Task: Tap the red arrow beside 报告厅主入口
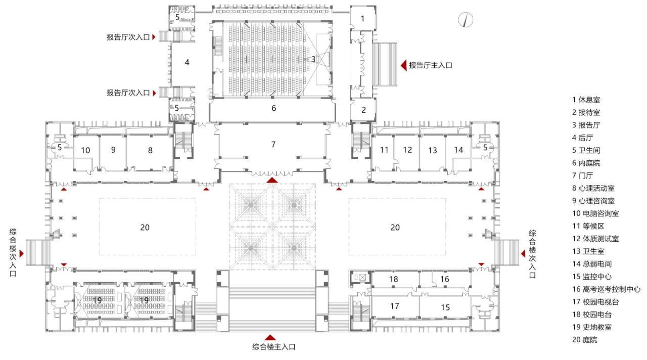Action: pyautogui.click(x=404, y=65)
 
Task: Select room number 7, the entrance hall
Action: pyautogui.click(x=273, y=145)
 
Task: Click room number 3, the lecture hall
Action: pyautogui.click(x=313, y=59)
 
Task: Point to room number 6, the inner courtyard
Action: pyautogui.click(x=273, y=108)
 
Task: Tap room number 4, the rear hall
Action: pyautogui.click(x=187, y=62)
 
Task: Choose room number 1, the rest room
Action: pyautogui.click(x=362, y=19)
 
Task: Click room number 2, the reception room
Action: pyautogui.click(x=363, y=109)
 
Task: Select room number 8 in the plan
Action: pyautogui.click(x=150, y=150)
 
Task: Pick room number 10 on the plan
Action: pyautogui.click(x=85, y=150)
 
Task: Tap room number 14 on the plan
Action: pyautogui.click(x=458, y=150)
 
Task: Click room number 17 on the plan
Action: pyautogui.click(x=395, y=306)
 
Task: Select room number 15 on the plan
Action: pyautogui.click(x=445, y=307)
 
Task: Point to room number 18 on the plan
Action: pyautogui.click(x=394, y=279)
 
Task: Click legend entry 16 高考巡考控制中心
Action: pyautogui.click(x=606, y=289)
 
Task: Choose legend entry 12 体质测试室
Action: pyautogui.click(x=595, y=239)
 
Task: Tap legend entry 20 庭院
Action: pyautogui.click(x=584, y=340)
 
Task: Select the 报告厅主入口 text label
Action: pyautogui.click(x=430, y=65)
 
